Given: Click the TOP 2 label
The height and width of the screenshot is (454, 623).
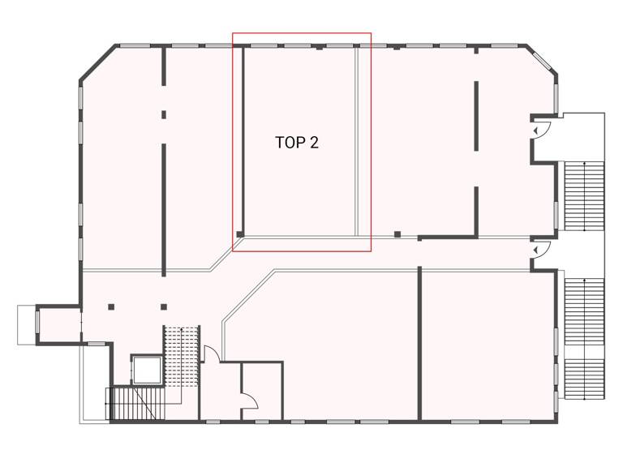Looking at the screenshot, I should pyautogui.click(x=297, y=143).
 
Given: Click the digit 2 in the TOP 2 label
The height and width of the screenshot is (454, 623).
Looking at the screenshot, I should pyautogui.click(x=314, y=143).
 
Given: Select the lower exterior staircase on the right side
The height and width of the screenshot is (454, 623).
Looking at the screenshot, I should pyautogui.click(x=584, y=337).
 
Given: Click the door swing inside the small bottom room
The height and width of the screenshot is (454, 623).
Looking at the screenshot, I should pyautogui.click(x=249, y=400).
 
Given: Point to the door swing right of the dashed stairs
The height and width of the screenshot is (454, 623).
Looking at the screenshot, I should pyautogui.click(x=208, y=353).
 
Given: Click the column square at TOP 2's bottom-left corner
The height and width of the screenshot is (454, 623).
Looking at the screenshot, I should pyautogui.click(x=240, y=235).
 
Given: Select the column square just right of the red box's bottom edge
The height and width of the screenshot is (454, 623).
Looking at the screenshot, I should pyautogui.click(x=397, y=235).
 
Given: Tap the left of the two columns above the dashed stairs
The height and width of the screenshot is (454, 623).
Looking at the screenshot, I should pyautogui.click(x=111, y=306).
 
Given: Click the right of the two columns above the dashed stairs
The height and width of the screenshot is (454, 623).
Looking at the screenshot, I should pyautogui.click(x=164, y=306).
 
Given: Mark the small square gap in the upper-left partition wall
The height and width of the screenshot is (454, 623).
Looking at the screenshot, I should pyautogui.click(x=164, y=115).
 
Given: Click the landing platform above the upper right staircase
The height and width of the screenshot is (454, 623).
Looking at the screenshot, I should pyautogui.click(x=582, y=136).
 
